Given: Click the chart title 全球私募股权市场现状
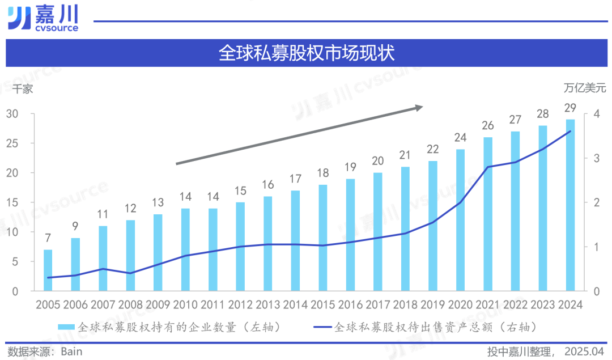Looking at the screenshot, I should (x=306, y=53).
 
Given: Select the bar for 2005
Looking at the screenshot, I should (x=48, y=270).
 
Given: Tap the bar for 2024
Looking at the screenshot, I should (x=570, y=205).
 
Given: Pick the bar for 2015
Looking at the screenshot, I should (x=323, y=238).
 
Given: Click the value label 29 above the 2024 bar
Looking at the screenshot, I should (x=570, y=108).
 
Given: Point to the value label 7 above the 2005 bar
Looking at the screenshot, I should (x=48, y=238).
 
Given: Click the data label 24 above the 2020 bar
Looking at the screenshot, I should (x=460, y=137).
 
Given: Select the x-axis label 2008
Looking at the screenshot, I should (x=130, y=304).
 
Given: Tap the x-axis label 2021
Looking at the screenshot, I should (x=487, y=304).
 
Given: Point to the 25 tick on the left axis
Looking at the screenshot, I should (x=12, y=143).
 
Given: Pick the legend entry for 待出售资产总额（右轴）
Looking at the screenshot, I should (x=425, y=327).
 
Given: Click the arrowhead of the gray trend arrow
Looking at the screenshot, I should (x=418, y=107).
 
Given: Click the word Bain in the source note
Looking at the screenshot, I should (x=71, y=351).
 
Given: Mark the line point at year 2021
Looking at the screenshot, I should (x=487, y=167).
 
